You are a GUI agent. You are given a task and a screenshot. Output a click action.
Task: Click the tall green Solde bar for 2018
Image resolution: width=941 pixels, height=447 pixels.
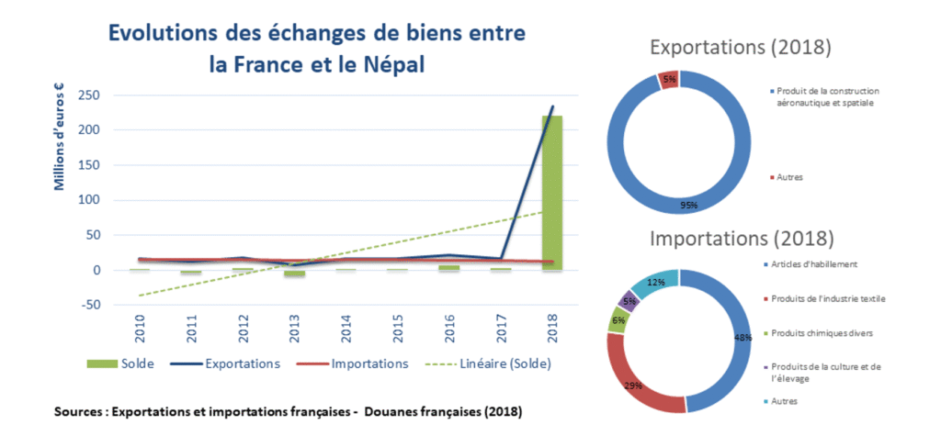[x=552, y=193]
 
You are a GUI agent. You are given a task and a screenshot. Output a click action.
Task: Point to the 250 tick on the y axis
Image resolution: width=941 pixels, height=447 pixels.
[x=88, y=95]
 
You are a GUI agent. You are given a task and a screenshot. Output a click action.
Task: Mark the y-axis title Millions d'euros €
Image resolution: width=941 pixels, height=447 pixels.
[x=59, y=138]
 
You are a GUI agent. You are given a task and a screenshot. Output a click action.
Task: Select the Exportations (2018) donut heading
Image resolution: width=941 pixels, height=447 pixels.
[x=741, y=47]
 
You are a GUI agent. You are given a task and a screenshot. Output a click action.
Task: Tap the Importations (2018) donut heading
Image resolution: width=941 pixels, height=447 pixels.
[x=742, y=238]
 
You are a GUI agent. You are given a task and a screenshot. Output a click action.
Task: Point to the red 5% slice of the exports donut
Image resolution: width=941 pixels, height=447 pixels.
[x=668, y=79]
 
